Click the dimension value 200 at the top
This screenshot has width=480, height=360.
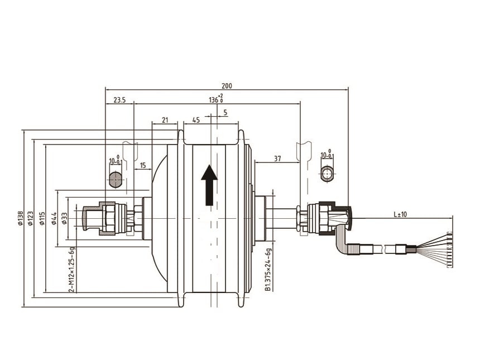click(226, 86)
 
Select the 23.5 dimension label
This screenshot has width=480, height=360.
click(119, 100)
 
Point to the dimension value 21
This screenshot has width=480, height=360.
click(165, 120)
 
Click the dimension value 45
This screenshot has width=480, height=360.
click(196, 120)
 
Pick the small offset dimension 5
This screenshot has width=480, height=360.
click(225, 113)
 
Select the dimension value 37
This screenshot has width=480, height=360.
click(277, 159)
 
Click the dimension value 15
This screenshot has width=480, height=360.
click(143, 166)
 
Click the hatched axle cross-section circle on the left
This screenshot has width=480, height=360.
click(116, 179)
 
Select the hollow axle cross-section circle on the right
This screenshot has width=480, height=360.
click(327, 173)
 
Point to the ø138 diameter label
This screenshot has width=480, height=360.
click(21, 218)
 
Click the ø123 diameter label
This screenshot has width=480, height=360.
click(31, 218)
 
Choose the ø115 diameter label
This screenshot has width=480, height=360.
click(42, 218)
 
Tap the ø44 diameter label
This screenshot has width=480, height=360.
click(55, 218)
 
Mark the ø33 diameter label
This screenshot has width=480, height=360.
click(65, 218)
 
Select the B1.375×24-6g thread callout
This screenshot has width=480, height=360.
click(268, 269)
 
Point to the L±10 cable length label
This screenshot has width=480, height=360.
click(400, 214)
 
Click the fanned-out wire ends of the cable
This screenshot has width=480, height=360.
click(438, 249)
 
